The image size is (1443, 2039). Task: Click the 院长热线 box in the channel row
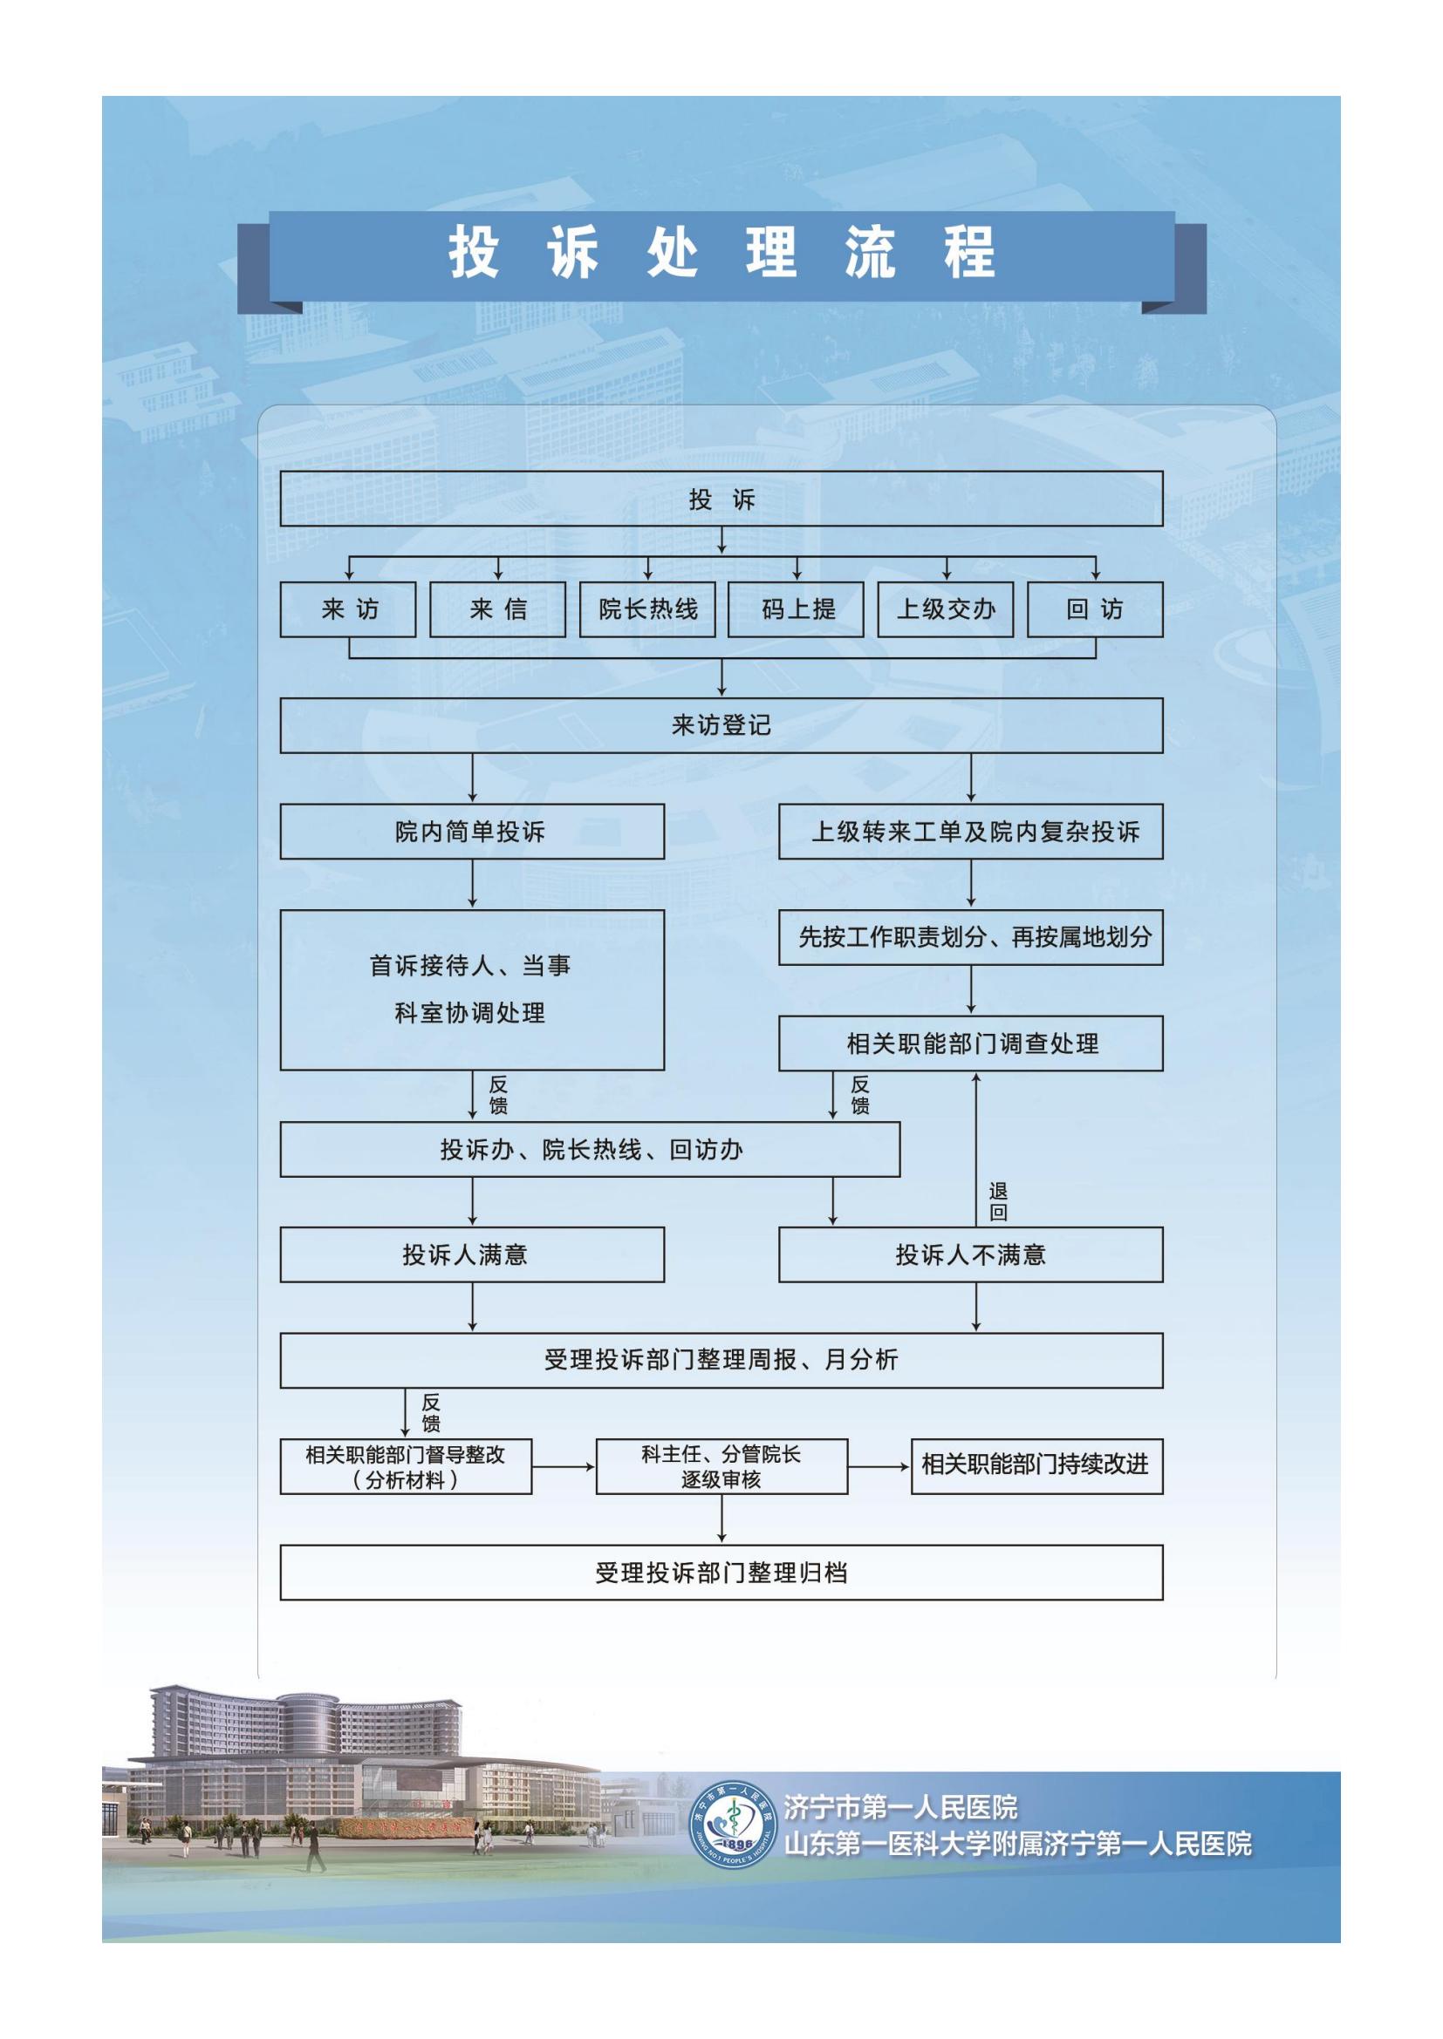(x=646, y=609)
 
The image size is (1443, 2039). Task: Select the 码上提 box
(x=797, y=609)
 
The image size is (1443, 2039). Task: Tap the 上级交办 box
(x=946, y=609)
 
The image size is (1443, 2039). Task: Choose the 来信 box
(x=497, y=609)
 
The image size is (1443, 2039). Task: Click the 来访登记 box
(x=721, y=725)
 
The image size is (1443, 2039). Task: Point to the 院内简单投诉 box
(x=472, y=833)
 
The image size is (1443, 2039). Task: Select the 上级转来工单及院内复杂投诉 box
(x=970, y=833)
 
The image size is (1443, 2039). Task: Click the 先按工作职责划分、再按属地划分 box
(x=970, y=937)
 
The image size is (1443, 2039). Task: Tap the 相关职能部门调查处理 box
(x=970, y=1043)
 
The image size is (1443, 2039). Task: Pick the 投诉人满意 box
(x=472, y=1254)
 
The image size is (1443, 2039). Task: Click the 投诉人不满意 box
(x=970, y=1254)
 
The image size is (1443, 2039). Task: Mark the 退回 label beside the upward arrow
(x=998, y=1201)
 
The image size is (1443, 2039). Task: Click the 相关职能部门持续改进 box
(x=1036, y=1466)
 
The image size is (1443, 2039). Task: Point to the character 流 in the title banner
(x=869, y=253)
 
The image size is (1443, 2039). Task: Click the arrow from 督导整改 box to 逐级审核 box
(x=564, y=1467)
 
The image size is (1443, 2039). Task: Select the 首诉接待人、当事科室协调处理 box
(x=472, y=989)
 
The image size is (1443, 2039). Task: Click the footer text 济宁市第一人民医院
(x=900, y=1807)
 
